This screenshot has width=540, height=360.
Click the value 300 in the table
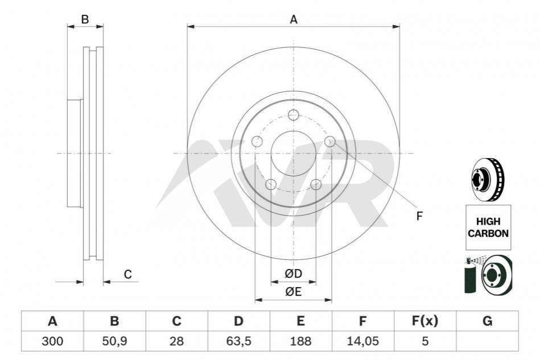[52, 341]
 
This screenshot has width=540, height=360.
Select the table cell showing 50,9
[115, 341]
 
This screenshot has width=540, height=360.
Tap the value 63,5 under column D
[238, 341]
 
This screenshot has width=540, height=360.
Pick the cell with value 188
[300, 341]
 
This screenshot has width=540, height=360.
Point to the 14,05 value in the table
[363, 341]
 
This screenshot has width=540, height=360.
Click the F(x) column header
[425, 321]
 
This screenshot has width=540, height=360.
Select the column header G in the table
[487, 321]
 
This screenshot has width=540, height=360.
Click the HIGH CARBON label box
[488, 227]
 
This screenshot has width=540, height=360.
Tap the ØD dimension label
[293, 274]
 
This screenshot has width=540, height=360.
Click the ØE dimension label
[293, 292]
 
